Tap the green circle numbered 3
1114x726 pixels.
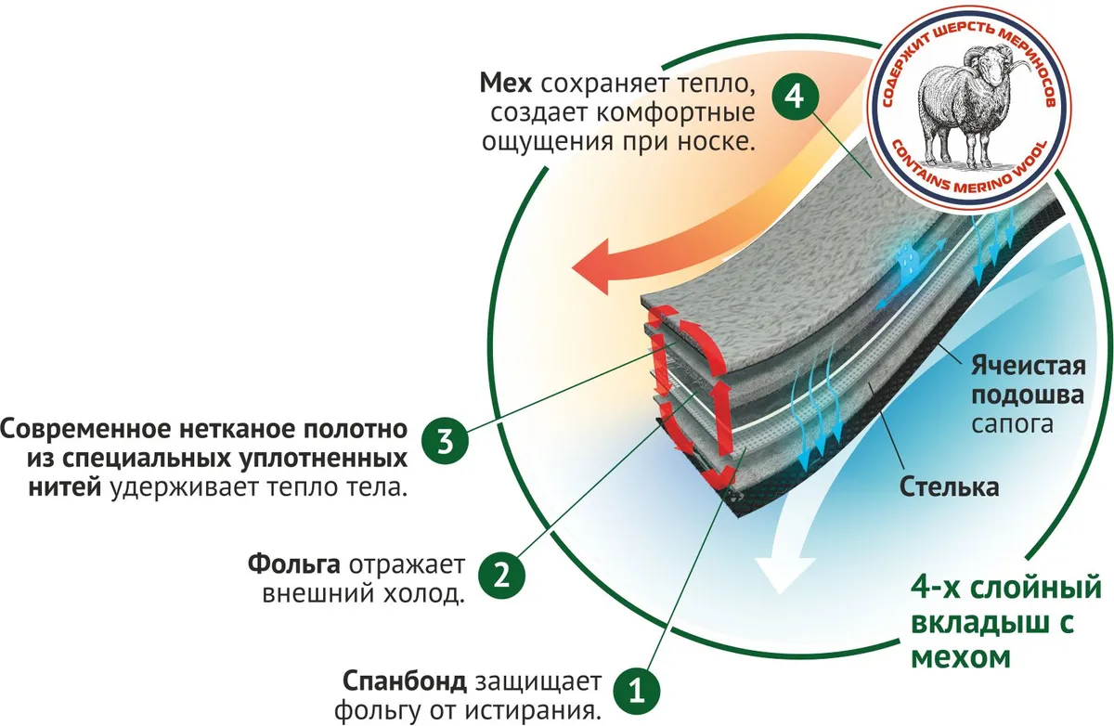[446, 441]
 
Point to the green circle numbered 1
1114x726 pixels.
[635, 690]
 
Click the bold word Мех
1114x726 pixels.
[505, 84]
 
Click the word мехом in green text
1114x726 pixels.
[959, 656]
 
